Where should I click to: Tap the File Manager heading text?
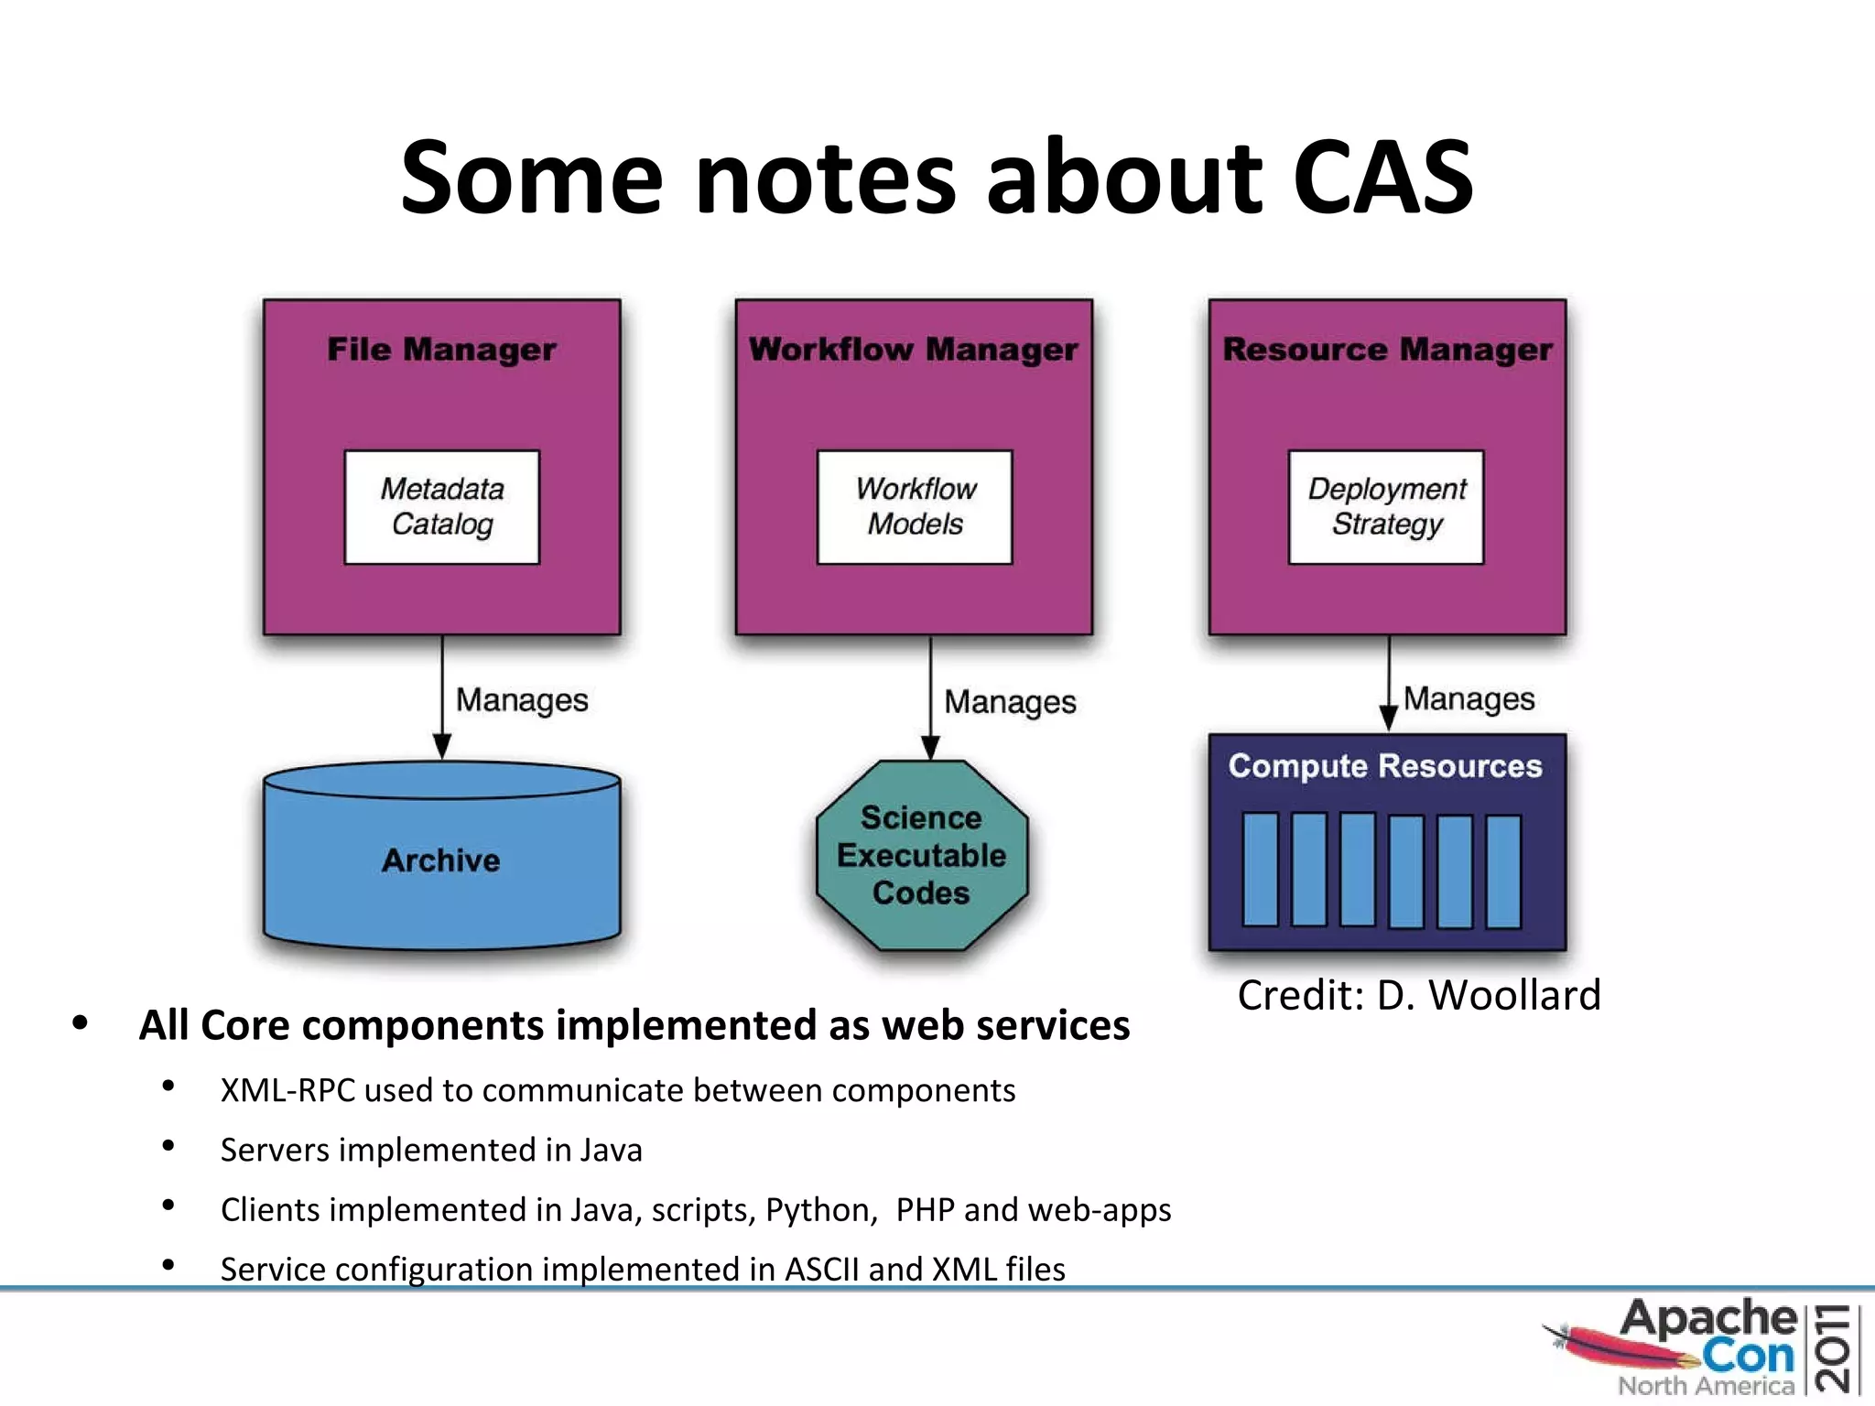(x=441, y=350)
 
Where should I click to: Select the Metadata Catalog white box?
(x=442, y=506)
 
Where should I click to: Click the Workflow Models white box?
(x=915, y=506)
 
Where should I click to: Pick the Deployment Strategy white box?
(x=1386, y=506)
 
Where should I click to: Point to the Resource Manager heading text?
(x=1387, y=350)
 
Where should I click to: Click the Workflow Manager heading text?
(x=913, y=350)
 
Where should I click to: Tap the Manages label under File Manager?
(x=522, y=700)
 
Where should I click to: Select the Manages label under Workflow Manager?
(x=1010, y=702)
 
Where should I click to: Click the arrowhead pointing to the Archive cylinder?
(x=442, y=745)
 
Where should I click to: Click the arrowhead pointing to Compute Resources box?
(x=1388, y=719)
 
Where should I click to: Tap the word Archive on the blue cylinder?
(x=441, y=860)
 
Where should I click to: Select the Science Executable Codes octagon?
(x=921, y=855)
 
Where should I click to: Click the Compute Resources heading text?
(x=1384, y=766)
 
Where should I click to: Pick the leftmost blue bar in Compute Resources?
(x=1261, y=870)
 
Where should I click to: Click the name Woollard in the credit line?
(x=1514, y=995)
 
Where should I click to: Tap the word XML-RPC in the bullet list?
(x=287, y=1091)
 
